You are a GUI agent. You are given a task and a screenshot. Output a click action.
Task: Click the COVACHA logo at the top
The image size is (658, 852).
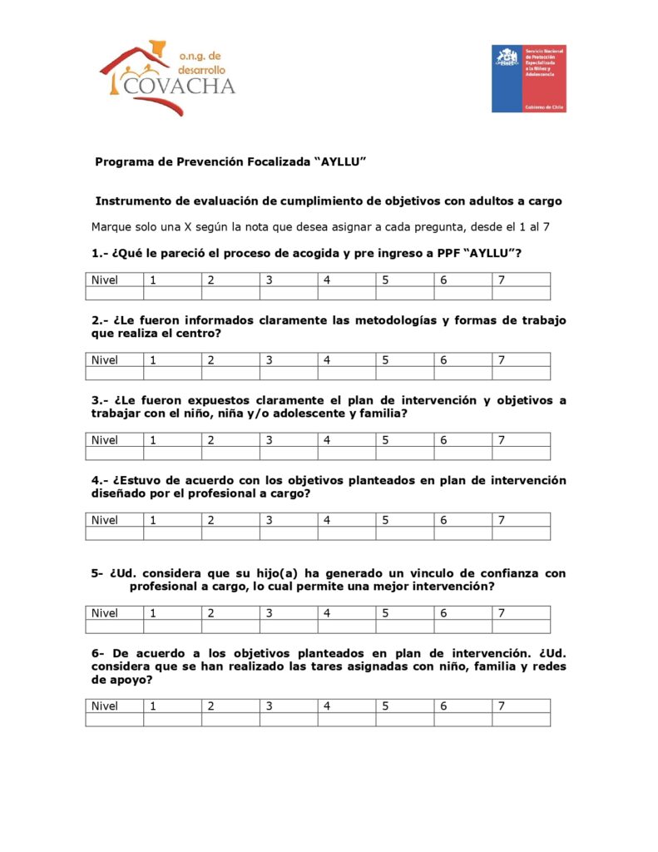pyautogui.click(x=166, y=77)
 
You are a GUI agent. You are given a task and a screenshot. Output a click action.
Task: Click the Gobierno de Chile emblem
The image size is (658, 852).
pyautogui.click(x=528, y=78)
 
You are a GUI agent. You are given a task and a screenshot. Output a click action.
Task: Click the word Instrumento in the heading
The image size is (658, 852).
pyautogui.click(x=134, y=201)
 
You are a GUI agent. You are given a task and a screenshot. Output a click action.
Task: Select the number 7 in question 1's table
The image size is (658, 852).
pyautogui.click(x=502, y=280)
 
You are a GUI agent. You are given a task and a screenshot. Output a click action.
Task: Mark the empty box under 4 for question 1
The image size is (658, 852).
pyautogui.click(x=346, y=293)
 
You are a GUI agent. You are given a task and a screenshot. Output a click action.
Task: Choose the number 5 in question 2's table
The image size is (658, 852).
pyautogui.click(x=386, y=360)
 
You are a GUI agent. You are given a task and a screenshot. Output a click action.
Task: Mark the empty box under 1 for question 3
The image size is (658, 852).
pyautogui.click(x=172, y=453)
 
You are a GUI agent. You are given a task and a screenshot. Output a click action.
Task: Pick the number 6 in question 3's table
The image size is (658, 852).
pyautogui.click(x=444, y=440)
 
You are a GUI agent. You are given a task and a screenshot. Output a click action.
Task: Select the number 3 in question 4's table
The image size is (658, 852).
pyautogui.click(x=270, y=520)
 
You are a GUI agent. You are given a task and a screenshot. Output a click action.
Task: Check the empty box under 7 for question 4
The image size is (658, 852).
pyautogui.click(x=520, y=533)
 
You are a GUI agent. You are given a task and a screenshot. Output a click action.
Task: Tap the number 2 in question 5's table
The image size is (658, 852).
pyautogui.click(x=211, y=613)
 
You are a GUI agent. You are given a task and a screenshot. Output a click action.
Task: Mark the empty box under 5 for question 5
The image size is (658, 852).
pyautogui.click(x=404, y=627)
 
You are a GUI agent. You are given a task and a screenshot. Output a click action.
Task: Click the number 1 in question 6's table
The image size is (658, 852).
pyautogui.click(x=153, y=706)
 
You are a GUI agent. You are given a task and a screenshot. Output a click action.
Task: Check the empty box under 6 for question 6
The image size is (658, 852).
pyautogui.click(x=463, y=720)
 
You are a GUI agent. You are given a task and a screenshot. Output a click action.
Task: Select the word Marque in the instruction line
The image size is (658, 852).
pyautogui.click(x=112, y=226)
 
